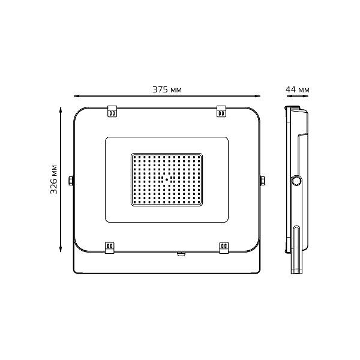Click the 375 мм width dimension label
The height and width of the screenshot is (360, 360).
pos(167,89)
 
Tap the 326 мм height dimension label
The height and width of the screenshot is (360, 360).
pos(54,179)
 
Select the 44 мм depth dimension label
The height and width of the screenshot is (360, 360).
pos(298,89)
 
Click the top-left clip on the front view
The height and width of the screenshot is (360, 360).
pos(112,112)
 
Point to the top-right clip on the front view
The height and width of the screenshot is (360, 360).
pos(221,112)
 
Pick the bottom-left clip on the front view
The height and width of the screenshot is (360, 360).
pos(110,247)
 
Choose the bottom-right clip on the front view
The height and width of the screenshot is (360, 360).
pos(224,247)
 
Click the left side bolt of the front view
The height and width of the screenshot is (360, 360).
pos(71,181)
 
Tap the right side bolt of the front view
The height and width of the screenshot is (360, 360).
pos(262,181)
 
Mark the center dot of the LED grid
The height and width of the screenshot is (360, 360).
pos(167,179)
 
